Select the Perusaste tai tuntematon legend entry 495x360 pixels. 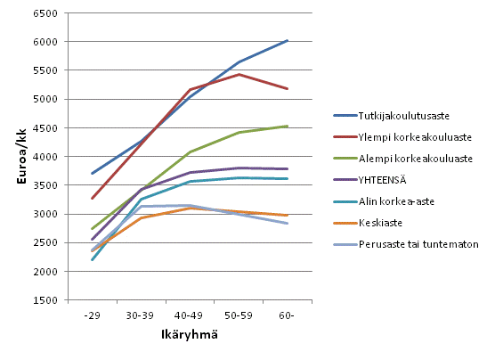click(x=406, y=243)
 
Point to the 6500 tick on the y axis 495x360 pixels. click(x=46, y=13)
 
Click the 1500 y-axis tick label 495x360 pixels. click(x=46, y=300)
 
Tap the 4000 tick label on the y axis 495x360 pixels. click(x=46, y=157)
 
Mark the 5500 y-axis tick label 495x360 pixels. click(x=46, y=70)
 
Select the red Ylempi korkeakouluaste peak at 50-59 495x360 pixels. click(x=239, y=74)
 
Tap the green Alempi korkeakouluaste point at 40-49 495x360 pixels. click(x=190, y=151)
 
